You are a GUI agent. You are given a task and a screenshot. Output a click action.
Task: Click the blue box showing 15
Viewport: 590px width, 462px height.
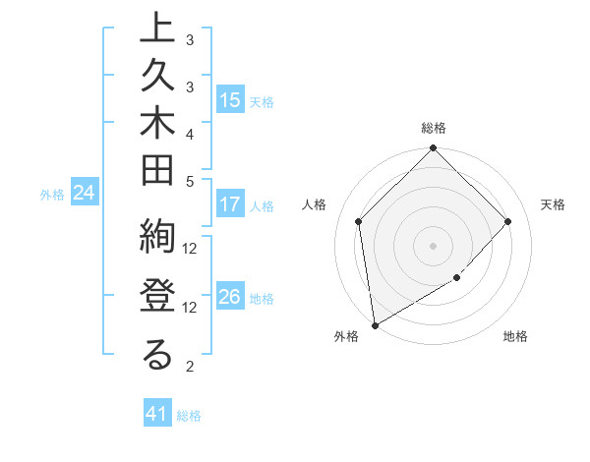tap(229, 100)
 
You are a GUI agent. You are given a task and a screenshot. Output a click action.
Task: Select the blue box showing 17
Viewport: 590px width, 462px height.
tap(229, 205)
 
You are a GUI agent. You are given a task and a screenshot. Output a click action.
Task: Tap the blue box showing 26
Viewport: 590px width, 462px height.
tap(229, 298)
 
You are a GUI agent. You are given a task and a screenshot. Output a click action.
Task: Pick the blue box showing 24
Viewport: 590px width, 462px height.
tap(85, 194)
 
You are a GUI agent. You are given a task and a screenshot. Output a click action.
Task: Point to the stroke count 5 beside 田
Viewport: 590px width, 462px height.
tap(190, 181)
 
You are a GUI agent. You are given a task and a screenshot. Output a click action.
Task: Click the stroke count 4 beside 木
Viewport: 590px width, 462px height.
tap(190, 134)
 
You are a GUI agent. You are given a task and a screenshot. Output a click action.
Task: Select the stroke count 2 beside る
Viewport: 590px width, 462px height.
tap(190, 367)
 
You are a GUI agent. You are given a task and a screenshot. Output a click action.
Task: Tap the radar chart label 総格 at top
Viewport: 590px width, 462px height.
tap(434, 128)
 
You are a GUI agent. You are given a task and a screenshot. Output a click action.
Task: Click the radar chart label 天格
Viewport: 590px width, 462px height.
tap(554, 204)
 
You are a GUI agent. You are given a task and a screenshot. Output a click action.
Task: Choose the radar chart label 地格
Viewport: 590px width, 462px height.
tap(515, 337)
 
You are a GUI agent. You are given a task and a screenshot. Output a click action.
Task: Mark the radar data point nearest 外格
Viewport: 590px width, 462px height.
tap(375, 324)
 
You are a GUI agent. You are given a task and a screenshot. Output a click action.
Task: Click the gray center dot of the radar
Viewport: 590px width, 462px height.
tap(434, 245)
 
